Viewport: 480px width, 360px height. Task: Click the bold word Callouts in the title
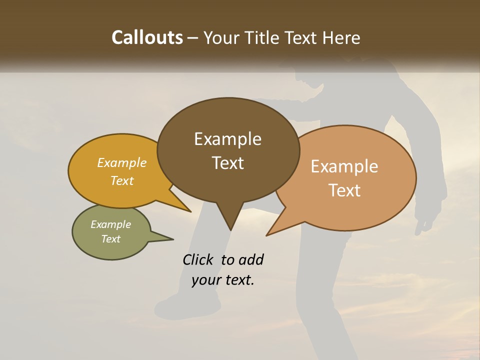147,37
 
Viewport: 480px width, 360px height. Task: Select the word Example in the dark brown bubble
227,139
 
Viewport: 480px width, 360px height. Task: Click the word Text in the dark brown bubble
227,163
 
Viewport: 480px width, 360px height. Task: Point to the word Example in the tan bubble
344,166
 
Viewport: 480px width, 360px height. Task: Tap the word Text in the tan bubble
344,190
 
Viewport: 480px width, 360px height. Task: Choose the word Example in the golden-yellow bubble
121,162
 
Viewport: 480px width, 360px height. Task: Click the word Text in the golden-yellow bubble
121,180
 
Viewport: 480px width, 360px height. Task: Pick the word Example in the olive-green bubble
110,224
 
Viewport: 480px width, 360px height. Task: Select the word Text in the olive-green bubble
110,239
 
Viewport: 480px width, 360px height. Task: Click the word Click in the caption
199,259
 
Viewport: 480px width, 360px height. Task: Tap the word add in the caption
250,259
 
